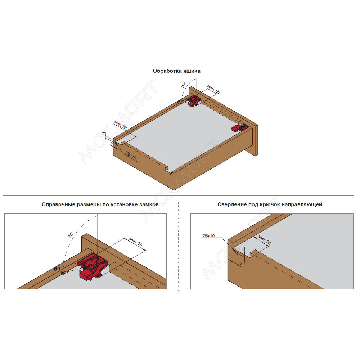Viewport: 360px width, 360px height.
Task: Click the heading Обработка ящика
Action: coord(176,71)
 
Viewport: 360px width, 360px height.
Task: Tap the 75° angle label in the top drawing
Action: coord(184,85)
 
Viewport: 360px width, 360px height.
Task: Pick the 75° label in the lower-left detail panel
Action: coord(71,234)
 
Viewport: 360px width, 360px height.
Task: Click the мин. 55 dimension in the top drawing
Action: coord(213,89)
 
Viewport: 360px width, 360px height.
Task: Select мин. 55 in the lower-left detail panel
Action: coord(136,242)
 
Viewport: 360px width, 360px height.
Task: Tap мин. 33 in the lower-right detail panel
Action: coord(265,240)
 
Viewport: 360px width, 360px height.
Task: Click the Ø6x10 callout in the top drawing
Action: coord(131,155)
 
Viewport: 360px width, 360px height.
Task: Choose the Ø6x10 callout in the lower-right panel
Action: coord(208,236)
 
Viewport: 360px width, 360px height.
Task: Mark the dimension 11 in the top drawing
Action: coord(104,134)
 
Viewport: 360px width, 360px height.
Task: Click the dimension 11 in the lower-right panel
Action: coord(243,249)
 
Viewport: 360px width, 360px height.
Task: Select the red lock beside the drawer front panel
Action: coord(240,128)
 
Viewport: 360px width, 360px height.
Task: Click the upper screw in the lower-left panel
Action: coord(57,268)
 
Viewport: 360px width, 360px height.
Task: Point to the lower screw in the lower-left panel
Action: coord(64,273)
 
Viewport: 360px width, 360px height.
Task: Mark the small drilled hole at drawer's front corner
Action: coord(170,175)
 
